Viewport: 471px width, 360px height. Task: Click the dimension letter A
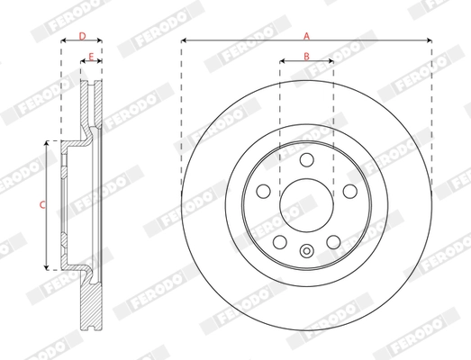[306, 35]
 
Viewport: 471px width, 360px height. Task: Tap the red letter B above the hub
[306, 56]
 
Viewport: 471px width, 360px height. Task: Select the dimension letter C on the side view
[41, 205]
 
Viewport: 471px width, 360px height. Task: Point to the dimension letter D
[81, 36]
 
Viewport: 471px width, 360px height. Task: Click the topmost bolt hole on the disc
[306, 160]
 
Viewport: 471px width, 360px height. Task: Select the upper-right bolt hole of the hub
[349, 191]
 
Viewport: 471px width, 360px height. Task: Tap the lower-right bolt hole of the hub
[332, 241]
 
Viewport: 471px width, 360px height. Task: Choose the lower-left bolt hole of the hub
[280, 241]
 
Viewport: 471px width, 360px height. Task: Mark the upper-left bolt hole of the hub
[264, 191]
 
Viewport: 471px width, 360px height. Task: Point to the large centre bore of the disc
[306, 205]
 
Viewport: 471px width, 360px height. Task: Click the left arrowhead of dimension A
[184, 41]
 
